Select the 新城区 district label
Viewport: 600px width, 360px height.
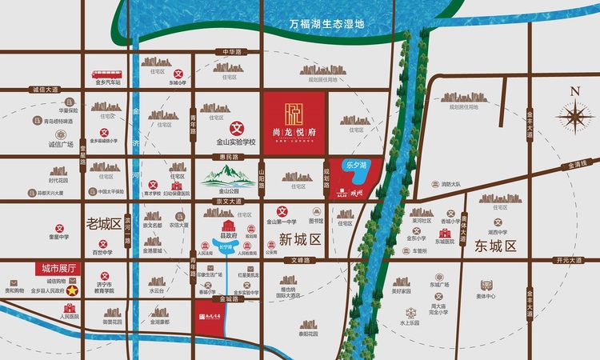coord(300,239)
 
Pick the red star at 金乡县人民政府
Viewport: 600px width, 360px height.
coord(70,292)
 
